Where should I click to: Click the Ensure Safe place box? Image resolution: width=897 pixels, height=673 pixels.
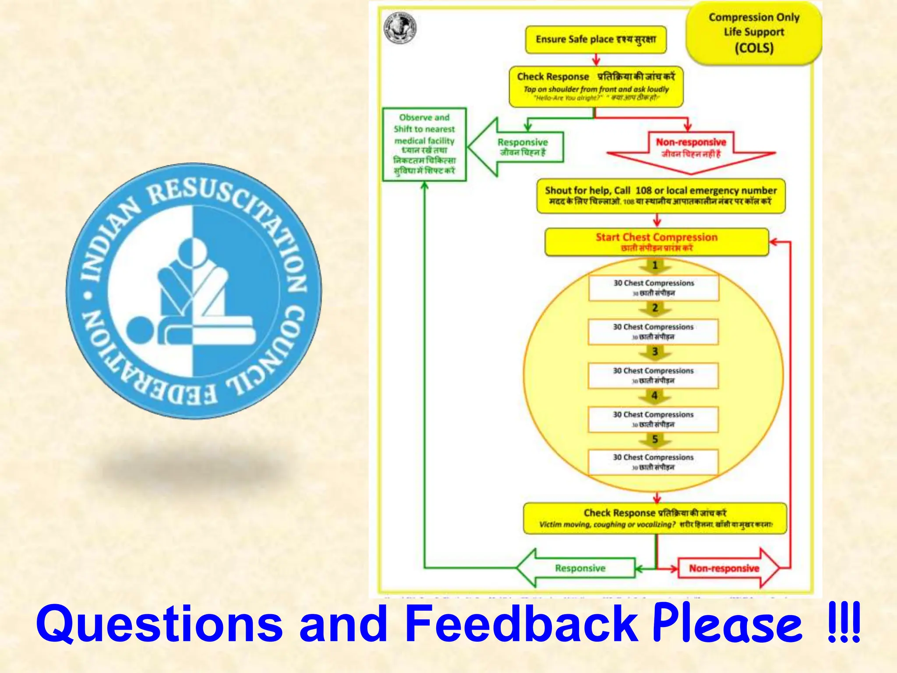point(596,39)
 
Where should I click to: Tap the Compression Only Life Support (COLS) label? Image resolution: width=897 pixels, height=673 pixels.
point(754,33)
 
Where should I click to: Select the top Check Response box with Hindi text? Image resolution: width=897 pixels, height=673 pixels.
point(596,86)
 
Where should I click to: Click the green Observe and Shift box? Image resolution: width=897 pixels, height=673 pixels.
point(424,144)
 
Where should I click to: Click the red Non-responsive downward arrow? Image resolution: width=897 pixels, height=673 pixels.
point(691,149)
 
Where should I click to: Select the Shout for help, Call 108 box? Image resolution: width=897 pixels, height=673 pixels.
point(660,195)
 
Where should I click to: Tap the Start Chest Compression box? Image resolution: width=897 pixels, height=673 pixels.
point(656,241)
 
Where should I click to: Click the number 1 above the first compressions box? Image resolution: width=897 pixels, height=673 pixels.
point(655,265)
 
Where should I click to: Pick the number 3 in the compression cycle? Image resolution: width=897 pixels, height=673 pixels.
point(655,351)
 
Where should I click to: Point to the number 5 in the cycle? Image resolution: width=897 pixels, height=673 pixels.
point(655,439)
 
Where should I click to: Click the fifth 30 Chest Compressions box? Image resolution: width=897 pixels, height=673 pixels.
point(653,462)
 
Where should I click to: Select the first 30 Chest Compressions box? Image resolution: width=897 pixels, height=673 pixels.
point(653,287)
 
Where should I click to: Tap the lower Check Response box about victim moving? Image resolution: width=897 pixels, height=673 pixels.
point(655,518)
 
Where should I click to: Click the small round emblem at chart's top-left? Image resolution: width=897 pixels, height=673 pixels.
point(400,28)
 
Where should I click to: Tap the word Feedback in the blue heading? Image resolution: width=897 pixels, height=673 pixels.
point(521,623)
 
